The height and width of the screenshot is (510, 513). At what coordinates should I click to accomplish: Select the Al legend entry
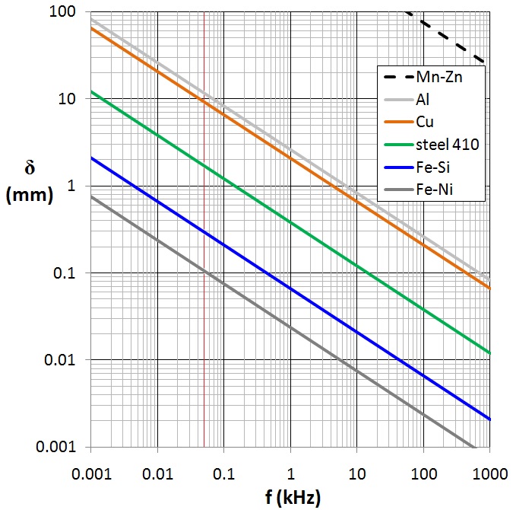click(423, 98)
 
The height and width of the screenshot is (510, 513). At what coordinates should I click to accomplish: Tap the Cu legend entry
click(425, 120)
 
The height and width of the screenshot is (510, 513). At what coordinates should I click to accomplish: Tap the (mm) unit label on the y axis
click(30, 195)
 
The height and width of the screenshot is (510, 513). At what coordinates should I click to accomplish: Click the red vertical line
click(204, 304)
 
